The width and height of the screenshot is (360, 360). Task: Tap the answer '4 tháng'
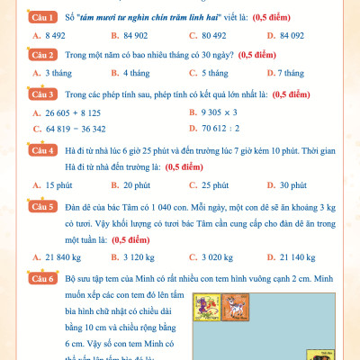tap(130, 73)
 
